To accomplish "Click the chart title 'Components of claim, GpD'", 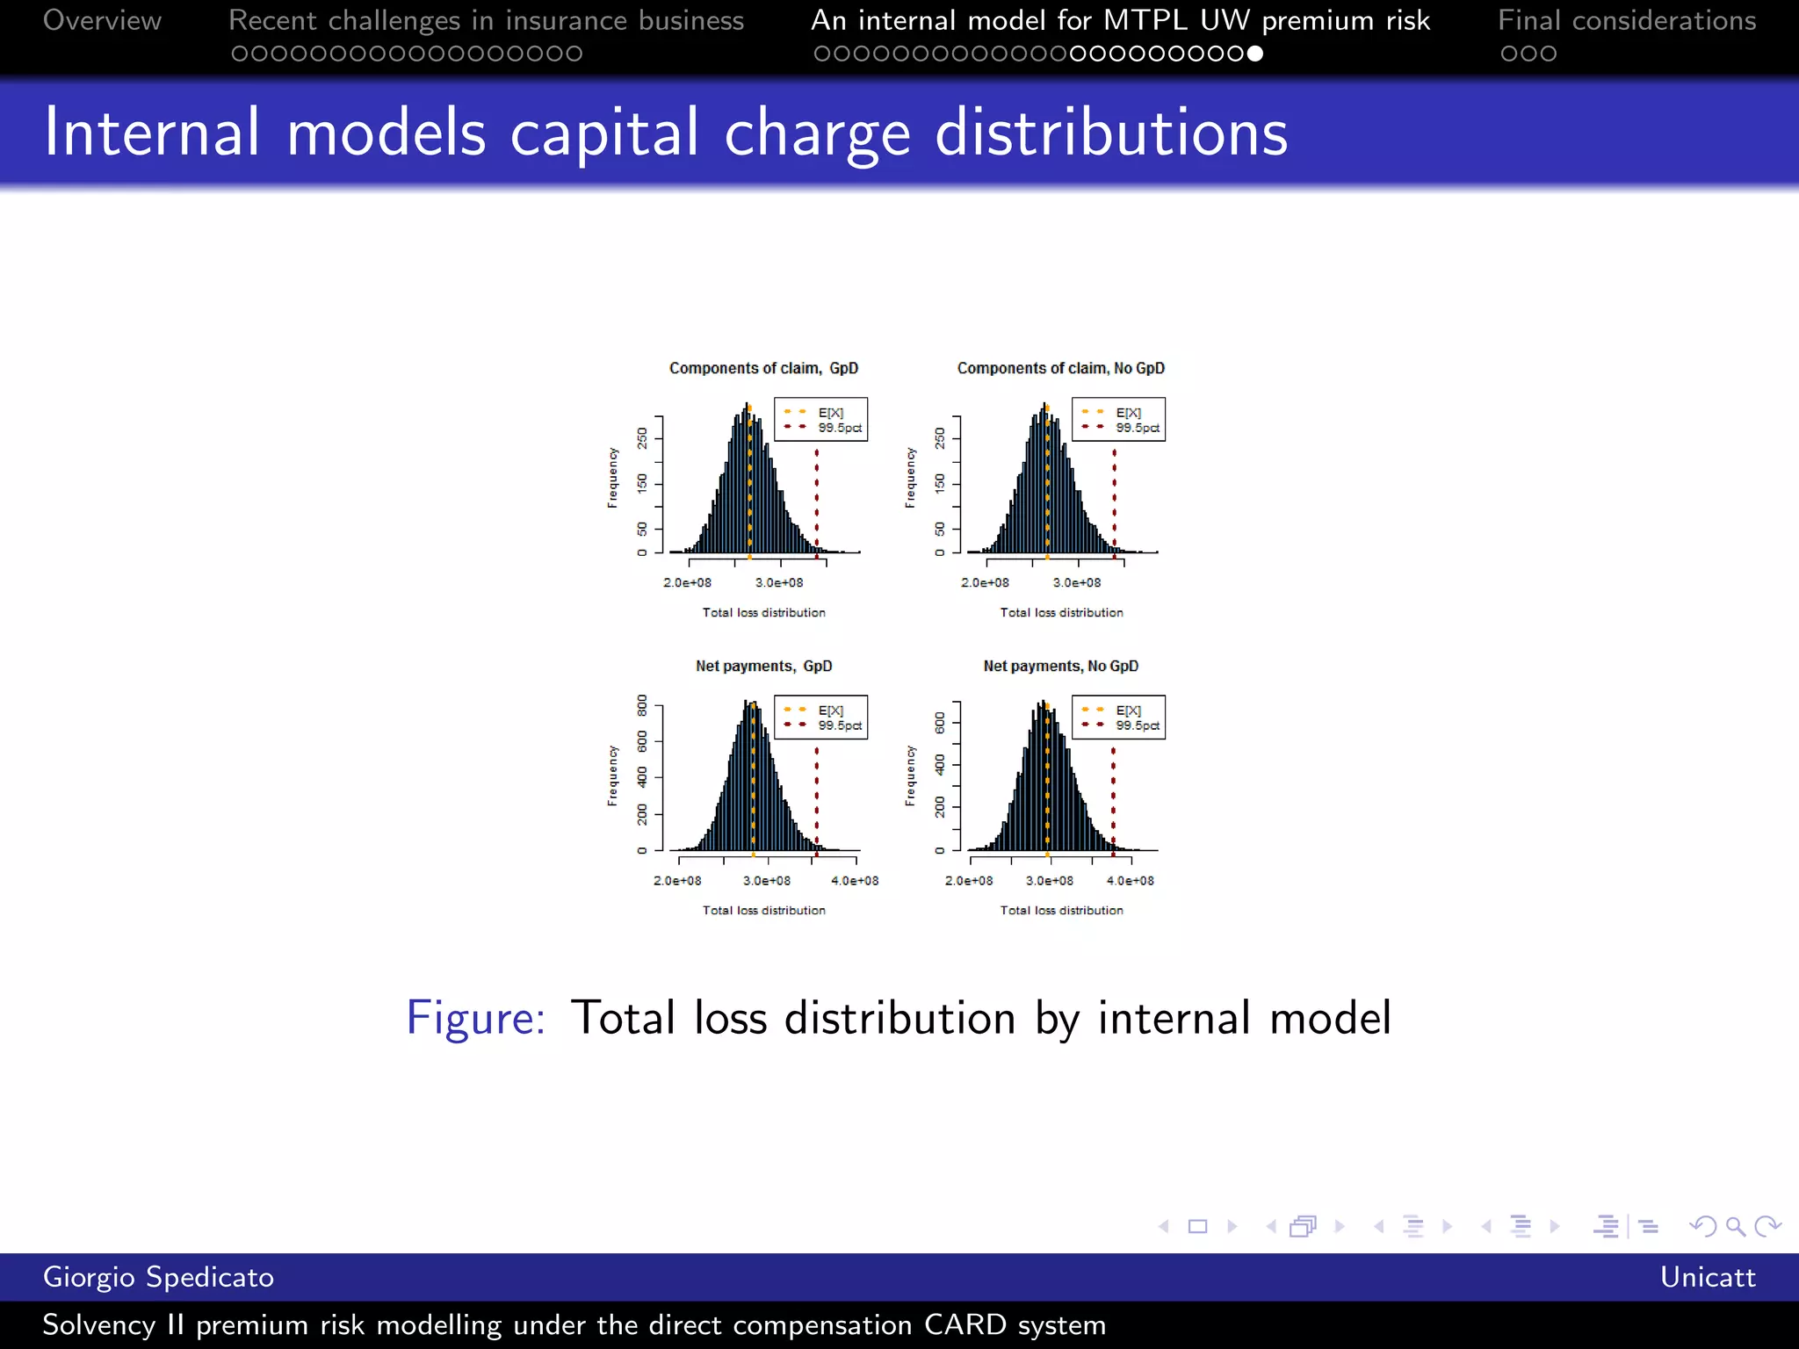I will click(x=763, y=368).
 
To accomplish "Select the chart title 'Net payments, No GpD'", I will click(x=1060, y=666).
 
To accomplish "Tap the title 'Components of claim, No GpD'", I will click(x=1060, y=368).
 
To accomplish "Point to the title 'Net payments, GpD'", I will click(x=763, y=666).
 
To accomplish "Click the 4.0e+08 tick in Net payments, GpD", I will click(x=855, y=881).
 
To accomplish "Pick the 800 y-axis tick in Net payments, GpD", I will click(x=643, y=704).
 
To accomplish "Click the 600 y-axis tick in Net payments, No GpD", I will click(x=941, y=723).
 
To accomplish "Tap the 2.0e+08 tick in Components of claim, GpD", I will click(x=687, y=583).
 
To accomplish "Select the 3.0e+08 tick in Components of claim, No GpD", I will click(x=1077, y=583).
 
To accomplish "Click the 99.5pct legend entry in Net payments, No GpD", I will click(x=1138, y=726).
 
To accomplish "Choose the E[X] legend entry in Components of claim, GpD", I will click(x=830, y=413).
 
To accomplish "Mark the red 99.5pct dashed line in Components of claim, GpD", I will click(x=817, y=501).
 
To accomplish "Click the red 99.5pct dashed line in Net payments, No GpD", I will click(x=1113, y=799).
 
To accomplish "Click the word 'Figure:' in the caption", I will click(x=475, y=1018).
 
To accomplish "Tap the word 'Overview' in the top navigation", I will click(x=102, y=20).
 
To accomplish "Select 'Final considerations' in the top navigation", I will click(x=1627, y=20).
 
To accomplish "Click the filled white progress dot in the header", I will click(x=1255, y=54).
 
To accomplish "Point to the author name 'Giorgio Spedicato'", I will click(x=158, y=1277).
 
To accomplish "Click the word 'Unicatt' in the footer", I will click(x=1708, y=1277).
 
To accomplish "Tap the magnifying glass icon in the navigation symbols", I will click(x=1735, y=1226).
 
